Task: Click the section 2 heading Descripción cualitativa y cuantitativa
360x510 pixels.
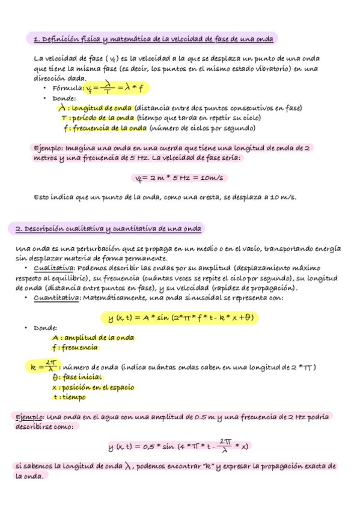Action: (x=108, y=229)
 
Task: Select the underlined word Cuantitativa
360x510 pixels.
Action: (x=56, y=298)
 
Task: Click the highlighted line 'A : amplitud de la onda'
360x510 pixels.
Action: (x=93, y=338)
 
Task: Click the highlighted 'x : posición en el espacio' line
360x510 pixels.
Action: (x=93, y=387)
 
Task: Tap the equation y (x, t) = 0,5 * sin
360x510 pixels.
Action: (x=179, y=446)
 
